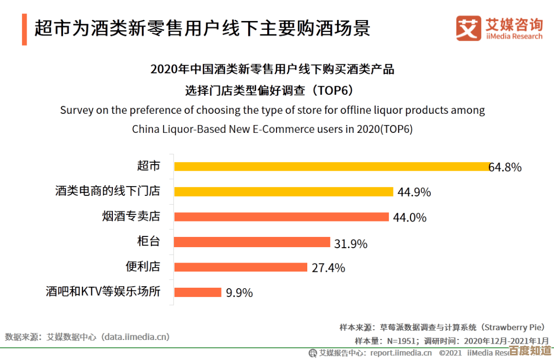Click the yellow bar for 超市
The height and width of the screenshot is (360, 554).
(x=332, y=167)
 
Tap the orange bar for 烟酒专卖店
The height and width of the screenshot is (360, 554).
(x=282, y=217)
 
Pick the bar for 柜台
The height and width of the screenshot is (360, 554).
(x=252, y=242)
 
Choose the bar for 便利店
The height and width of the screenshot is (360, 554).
(x=241, y=267)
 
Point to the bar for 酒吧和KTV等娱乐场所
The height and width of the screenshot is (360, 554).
(x=198, y=292)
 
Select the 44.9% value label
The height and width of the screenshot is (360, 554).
(x=414, y=192)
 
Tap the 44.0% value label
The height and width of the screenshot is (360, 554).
(x=409, y=217)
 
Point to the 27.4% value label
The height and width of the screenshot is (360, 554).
(x=328, y=268)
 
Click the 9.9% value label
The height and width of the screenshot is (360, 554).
(x=239, y=293)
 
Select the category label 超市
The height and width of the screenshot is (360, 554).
(x=149, y=166)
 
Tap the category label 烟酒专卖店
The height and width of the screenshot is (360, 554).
(x=131, y=216)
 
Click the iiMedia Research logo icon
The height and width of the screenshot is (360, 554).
(x=468, y=28)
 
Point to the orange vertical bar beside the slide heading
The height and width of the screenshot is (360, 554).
(x=24, y=30)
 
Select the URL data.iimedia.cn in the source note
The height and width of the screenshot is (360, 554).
(x=135, y=337)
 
